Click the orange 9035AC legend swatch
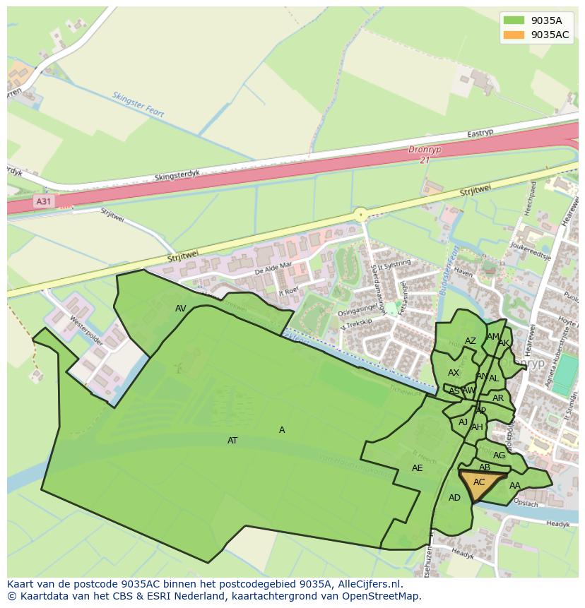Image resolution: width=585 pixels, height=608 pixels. pos(514,35)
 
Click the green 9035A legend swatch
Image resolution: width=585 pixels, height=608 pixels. pos(514,20)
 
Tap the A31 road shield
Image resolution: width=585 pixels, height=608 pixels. pos(44,202)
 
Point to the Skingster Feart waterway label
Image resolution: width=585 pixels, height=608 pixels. pos(138,104)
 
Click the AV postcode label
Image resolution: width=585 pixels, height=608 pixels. pos(181,309)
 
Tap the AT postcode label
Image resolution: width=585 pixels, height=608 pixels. pos(232,441)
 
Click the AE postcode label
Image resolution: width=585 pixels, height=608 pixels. pos(417,468)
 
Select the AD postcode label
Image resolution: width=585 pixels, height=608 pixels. pos(454,498)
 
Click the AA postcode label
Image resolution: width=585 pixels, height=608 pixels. pos(515,486)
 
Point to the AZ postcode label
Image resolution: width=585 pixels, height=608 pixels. pos(470,341)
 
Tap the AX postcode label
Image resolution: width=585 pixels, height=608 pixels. pos(454,373)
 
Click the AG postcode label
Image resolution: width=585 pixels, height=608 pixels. pos(499,455)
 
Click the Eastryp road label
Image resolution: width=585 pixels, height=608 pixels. pos(480,133)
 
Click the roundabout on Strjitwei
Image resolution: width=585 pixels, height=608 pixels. pos(361,214)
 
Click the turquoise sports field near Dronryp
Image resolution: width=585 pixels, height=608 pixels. pos(565,379)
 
